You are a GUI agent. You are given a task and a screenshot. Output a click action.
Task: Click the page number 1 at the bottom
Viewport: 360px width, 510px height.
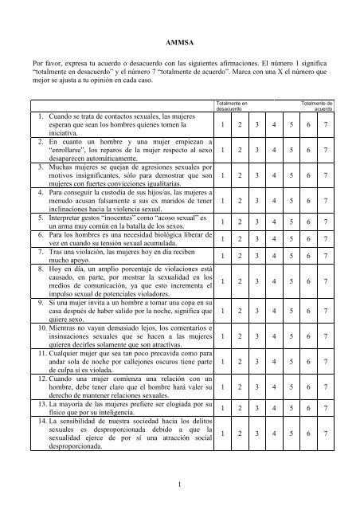point(180,481)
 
